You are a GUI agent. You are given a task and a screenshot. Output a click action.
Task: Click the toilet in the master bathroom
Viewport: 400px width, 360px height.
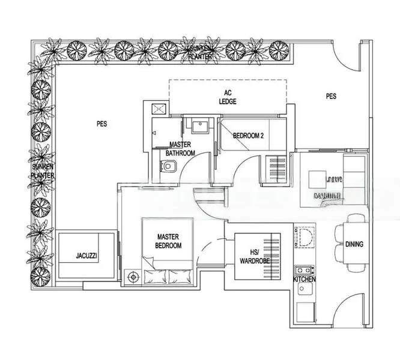coord(168,171)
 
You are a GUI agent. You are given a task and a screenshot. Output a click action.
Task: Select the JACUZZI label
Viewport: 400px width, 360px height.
coord(83,256)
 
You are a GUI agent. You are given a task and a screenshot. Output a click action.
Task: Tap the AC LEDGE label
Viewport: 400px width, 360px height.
coord(227,97)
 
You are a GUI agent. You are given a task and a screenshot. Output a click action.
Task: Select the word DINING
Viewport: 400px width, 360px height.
coord(354,244)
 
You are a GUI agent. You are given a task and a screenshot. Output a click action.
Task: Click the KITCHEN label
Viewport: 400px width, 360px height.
coord(305,280)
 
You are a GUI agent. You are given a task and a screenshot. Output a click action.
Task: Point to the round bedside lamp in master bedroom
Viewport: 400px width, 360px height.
coord(132,277)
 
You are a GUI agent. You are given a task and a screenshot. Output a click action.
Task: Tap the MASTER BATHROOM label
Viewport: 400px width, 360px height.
coord(181,149)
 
